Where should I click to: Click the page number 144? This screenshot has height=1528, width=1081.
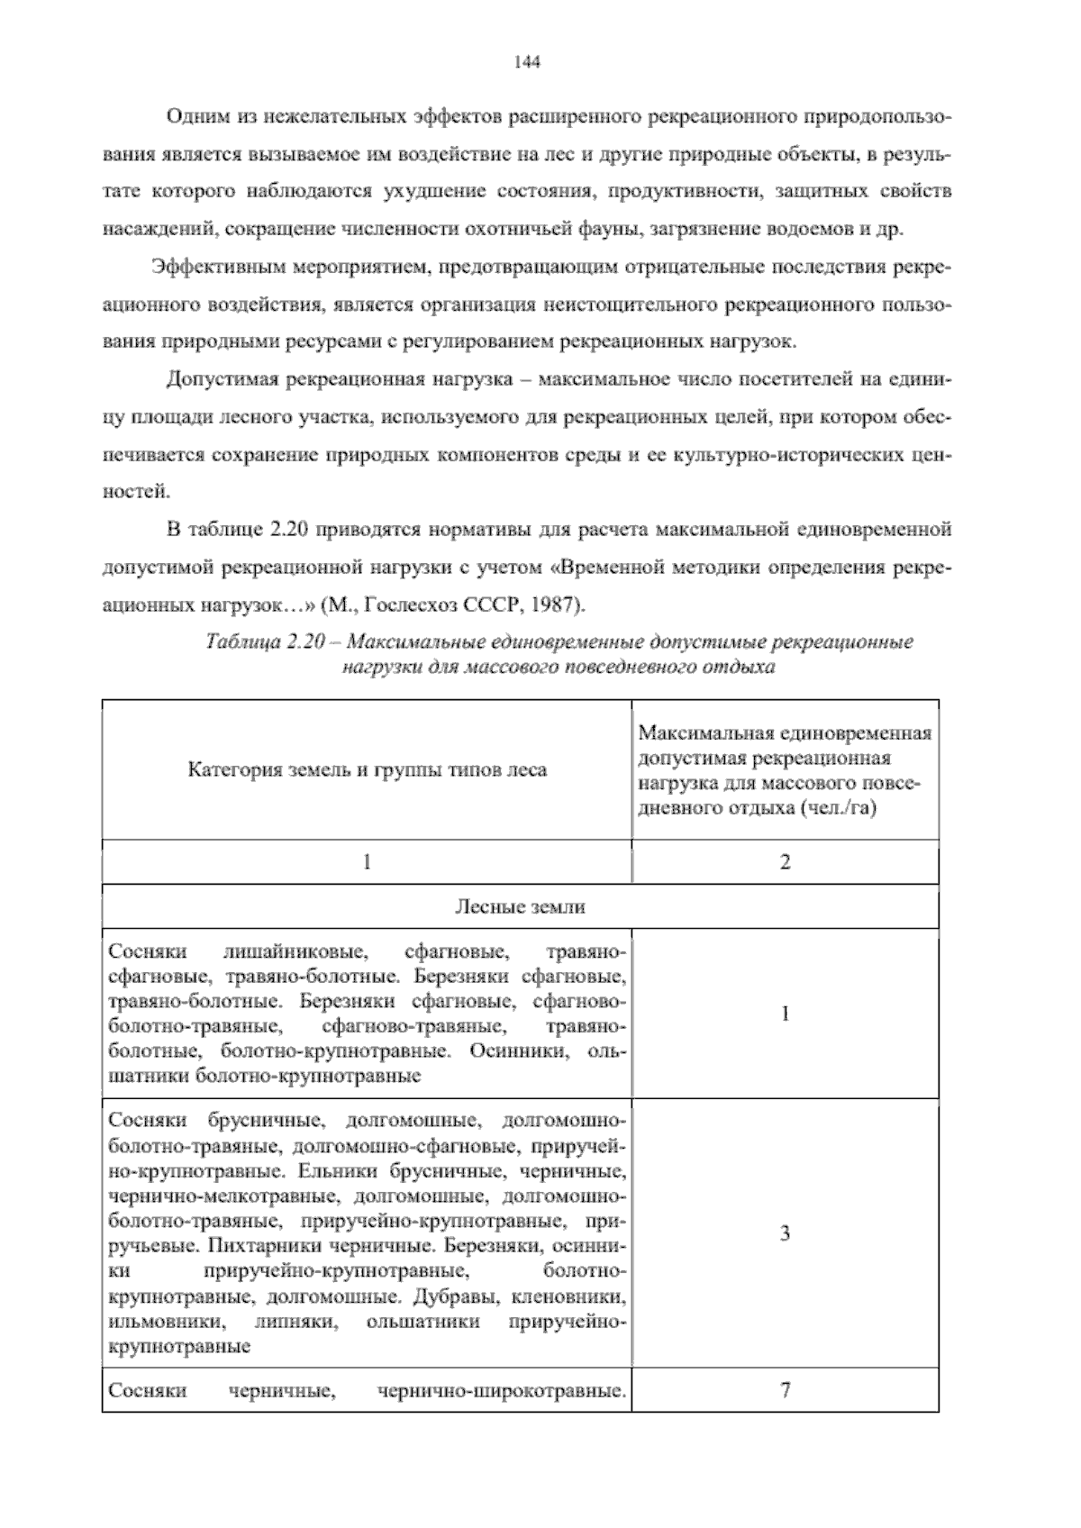click(526, 62)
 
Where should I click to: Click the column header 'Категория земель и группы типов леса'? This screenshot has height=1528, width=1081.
click(367, 770)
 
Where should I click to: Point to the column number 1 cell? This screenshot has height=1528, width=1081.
click(367, 862)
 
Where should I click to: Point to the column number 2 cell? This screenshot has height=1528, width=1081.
click(785, 862)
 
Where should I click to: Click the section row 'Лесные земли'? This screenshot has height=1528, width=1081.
click(520, 906)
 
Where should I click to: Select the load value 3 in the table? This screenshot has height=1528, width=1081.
click(785, 1233)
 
